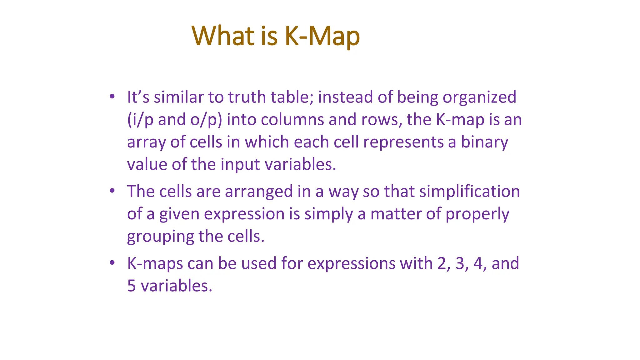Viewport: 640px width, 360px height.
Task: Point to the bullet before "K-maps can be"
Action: pos(112,262)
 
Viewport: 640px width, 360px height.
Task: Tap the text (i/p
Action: pos(140,120)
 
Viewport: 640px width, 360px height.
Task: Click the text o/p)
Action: pos(206,120)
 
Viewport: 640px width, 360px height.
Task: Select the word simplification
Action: pos(469,192)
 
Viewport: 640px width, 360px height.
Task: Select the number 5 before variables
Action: pos(132,286)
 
